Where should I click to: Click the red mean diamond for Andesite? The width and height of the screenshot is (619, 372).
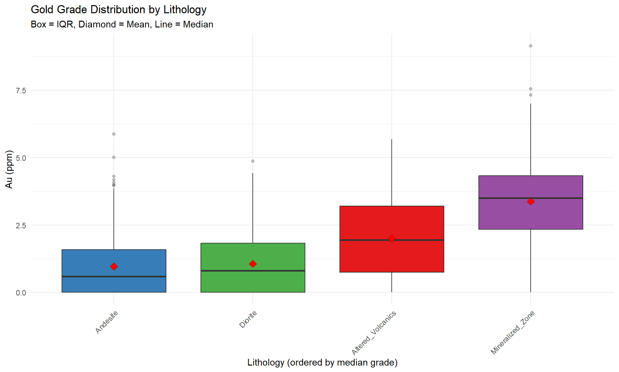coord(114,266)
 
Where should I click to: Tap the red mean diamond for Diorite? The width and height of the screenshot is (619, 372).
coord(253,264)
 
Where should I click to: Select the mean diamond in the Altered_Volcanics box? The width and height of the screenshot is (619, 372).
coord(392,238)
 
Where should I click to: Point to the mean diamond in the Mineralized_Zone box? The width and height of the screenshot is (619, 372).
coord(531,201)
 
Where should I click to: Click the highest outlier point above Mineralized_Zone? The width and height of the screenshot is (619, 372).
coord(531,46)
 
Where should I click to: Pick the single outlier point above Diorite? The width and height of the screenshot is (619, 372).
coord(253,161)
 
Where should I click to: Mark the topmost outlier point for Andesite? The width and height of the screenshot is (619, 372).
coord(114,134)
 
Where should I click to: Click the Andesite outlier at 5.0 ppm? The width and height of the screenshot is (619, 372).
coord(114,157)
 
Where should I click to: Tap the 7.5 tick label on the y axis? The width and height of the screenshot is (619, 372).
coord(21,91)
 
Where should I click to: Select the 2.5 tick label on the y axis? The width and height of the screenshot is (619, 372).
coord(21,225)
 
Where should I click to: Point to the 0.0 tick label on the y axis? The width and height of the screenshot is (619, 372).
coord(21,293)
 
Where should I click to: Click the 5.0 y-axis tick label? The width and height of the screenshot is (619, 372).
coord(21,158)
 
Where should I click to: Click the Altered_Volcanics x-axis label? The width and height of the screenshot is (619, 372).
coord(374,333)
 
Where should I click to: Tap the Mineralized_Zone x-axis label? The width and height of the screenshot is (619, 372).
coord(513,333)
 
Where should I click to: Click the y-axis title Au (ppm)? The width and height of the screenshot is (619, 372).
coord(9,169)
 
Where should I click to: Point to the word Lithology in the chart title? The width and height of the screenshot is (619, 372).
coord(185,10)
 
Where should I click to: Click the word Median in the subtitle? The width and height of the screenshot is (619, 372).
coord(198,25)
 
